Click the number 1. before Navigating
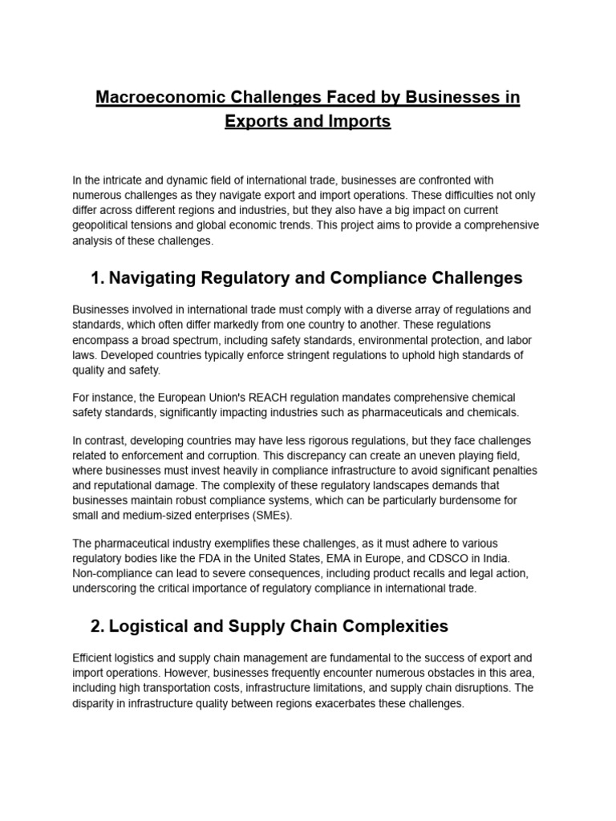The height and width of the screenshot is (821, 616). point(99,278)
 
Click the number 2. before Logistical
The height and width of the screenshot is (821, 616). point(99,625)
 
